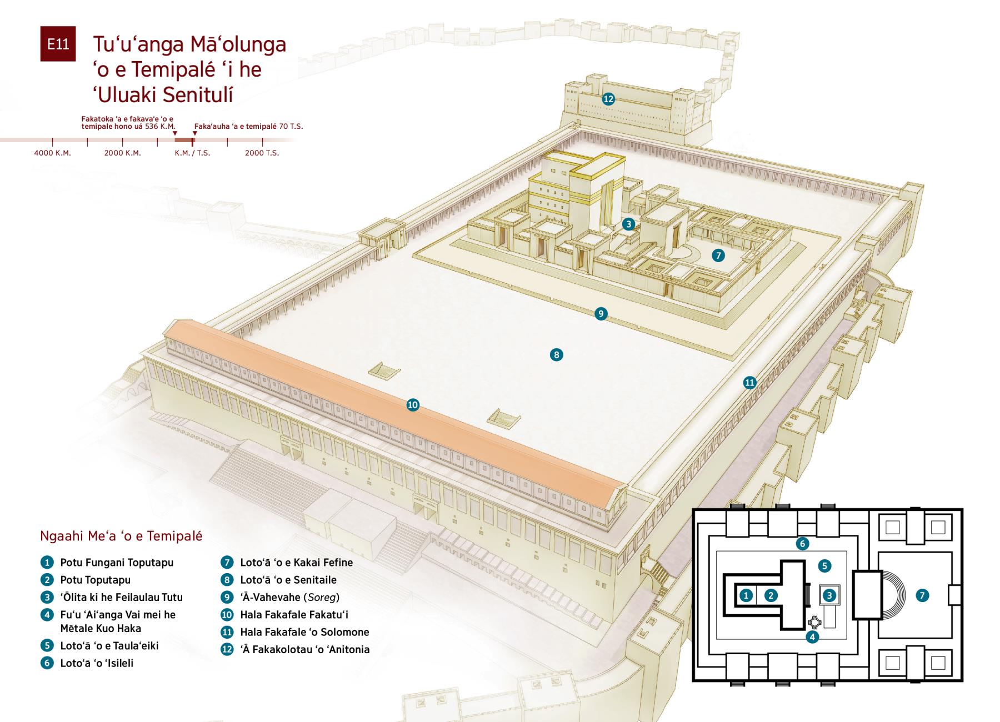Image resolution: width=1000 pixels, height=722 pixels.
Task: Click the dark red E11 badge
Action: coord(58,43)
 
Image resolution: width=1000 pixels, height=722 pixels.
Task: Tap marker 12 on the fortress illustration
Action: coord(608,99)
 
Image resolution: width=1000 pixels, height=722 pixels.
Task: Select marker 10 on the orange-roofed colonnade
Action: coord(412,405)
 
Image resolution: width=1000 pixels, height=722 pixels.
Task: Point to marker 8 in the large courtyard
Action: coord(556,354)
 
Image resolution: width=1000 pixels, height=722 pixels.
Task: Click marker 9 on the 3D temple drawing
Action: coord(601,314)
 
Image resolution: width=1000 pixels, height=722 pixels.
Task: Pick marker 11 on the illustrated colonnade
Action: coord(750,382)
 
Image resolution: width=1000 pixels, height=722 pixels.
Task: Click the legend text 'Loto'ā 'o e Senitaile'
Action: coord(288,580)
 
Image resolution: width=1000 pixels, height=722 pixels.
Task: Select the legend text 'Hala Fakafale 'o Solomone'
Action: coord(304,632)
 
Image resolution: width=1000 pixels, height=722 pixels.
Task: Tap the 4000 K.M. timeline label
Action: coord(53,153)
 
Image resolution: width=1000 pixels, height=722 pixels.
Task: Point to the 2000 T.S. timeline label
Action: coord(262,153)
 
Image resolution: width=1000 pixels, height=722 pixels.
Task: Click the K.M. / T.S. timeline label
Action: coord(193,153)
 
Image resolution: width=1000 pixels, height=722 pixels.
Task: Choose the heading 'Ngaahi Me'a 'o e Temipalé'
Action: coord(121,536)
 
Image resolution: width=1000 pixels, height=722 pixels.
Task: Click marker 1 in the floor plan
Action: coord(746,595)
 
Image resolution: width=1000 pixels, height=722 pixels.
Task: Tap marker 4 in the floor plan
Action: coord(812,637)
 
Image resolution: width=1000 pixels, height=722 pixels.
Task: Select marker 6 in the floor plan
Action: coord(802,544)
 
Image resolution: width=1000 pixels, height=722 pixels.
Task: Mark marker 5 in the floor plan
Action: coord(824,566)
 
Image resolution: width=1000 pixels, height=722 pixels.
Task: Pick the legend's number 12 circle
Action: coord(227,649)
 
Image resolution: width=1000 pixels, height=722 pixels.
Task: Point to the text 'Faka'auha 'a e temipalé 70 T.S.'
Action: coord(248,126)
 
